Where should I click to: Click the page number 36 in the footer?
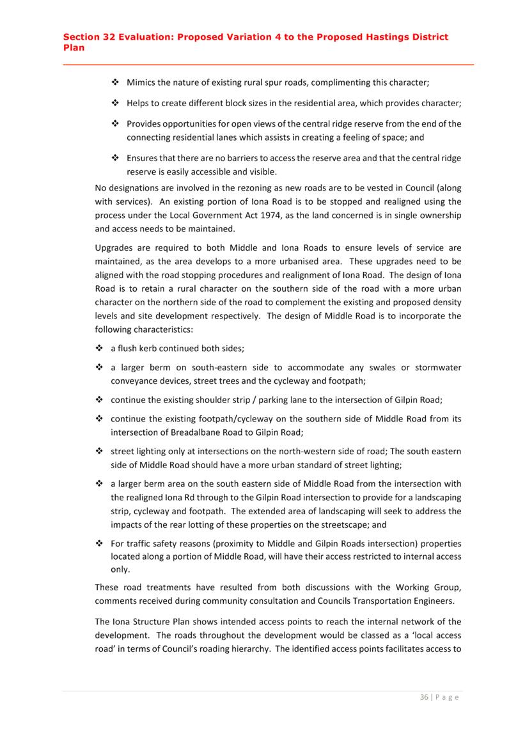click(424, 697)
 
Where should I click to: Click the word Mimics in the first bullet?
click(143, 83)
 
